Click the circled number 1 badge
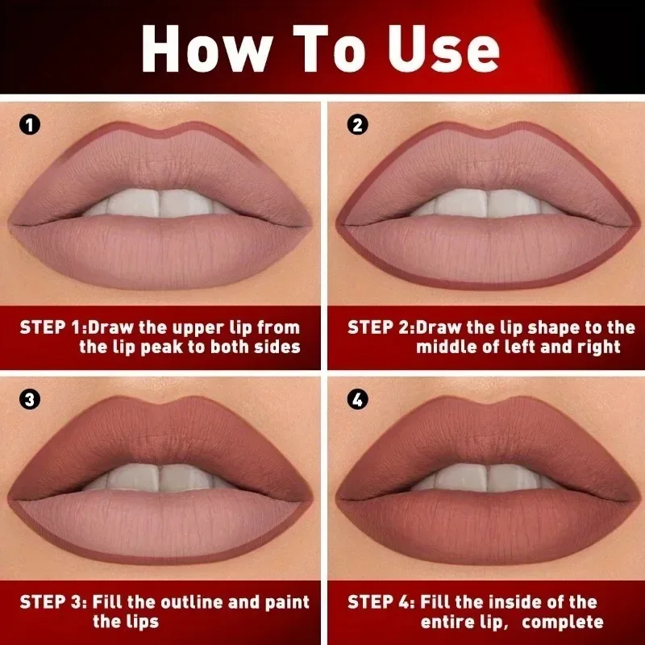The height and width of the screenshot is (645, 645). click(x=29, y=125)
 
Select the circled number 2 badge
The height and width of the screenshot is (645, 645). click(x=357, y=125)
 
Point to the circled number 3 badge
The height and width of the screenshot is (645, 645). click(x=29, y=399)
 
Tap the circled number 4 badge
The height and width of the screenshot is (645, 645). click(x=357, y=399)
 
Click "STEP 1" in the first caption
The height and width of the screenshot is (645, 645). click(x=52, y=327)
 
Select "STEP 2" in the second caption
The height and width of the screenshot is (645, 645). click(x=380, y=327)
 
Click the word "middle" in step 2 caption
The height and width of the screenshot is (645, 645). click(x=446, y=347)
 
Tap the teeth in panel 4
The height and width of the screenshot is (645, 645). click(x=488, y=478)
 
